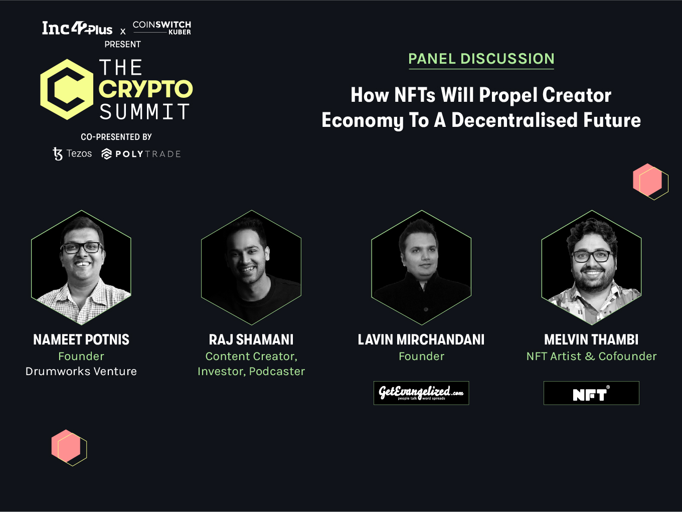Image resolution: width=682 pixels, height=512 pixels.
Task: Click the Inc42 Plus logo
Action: click(x=77, y=28)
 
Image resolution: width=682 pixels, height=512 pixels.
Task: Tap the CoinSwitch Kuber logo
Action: click(x=162, y=28)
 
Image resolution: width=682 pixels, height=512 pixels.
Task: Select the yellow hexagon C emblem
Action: click(x=67, y=89)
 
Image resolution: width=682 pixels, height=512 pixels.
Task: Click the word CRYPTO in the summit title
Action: click(x=146, y=89)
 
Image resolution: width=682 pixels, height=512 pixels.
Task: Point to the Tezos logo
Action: click(x=72, y=153)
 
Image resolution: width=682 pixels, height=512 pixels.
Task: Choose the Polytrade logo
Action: click(x=141, y=154)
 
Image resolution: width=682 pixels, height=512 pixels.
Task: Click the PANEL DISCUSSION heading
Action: click(x=481, y=59)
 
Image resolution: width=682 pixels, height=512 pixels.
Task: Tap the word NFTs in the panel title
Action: click(x=415, y=95)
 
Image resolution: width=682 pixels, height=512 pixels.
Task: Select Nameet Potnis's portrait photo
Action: click(x=81, y=268)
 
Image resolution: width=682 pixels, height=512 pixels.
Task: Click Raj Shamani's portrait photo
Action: click(x=251, y=268)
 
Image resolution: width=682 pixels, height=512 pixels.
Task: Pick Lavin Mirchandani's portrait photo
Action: click(x=421, y=268)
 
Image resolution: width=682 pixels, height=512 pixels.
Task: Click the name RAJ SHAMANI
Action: click(x=251, y=339)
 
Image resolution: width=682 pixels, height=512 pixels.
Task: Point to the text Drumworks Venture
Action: click(x=81, y=371)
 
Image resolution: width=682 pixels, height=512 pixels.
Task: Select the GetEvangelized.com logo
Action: click(x=421, y=393)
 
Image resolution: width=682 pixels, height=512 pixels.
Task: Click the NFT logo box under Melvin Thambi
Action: click(x=591, y=393)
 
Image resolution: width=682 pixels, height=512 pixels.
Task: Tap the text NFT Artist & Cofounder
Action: click(x=592, y=357)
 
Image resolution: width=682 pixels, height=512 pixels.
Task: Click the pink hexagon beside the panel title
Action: click(x=647, y=180)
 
